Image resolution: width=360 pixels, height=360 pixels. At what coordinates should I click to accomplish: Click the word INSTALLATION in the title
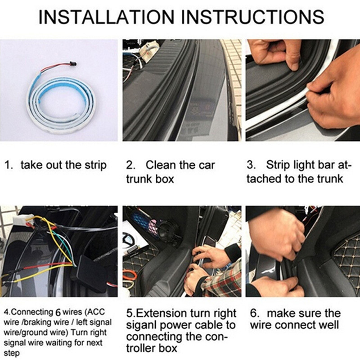(106, 17)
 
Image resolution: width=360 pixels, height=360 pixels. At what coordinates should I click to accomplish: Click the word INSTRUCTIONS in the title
(253, 17)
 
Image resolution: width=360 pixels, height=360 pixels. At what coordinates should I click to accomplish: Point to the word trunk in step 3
(330, 179)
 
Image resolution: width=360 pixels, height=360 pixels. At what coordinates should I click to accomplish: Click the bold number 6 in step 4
(58, 312)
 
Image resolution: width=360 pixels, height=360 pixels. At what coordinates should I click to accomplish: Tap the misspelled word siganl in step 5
(141, 326)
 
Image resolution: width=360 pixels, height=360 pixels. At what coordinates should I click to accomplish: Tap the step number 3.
(251, 165)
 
